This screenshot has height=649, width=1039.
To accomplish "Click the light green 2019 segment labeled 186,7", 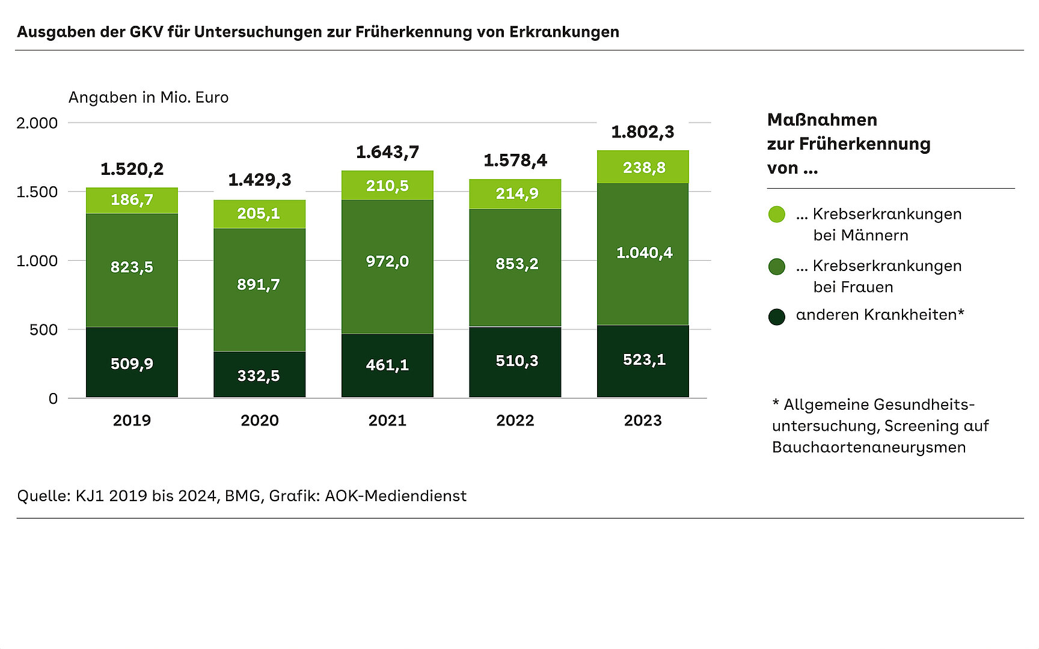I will (132, 200).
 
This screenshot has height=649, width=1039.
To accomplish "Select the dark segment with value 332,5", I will (259, 375).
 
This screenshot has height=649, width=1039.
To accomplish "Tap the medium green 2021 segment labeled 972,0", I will (387, 262).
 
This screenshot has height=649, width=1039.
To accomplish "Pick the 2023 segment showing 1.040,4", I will (643, 253).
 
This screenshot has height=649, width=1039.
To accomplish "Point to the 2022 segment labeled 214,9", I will (515, 193).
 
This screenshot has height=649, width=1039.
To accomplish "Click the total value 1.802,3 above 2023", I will (643, 132).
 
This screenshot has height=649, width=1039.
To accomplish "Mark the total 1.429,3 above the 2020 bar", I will (260, 180).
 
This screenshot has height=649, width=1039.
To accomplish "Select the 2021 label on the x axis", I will (387, 421).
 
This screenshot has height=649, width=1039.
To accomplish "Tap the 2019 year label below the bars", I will (132, 421).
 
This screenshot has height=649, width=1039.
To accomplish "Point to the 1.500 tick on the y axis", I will (37, 192).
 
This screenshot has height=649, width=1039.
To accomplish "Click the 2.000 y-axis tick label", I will (37, 123).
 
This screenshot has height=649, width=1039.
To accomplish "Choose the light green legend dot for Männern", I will (777, 215).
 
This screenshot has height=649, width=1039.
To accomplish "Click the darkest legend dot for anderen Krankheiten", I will (777, 317).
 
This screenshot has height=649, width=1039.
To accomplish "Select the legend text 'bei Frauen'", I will (853, 287).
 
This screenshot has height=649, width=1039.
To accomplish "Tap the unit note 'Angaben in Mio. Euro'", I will (149, 97).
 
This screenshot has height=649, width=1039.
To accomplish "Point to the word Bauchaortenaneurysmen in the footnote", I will (869, 448).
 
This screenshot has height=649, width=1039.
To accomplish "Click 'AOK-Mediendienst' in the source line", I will (396, 496).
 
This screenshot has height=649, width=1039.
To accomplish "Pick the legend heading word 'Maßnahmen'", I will (822, 120).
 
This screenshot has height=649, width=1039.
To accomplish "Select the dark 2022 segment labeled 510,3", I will (515, 361).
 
